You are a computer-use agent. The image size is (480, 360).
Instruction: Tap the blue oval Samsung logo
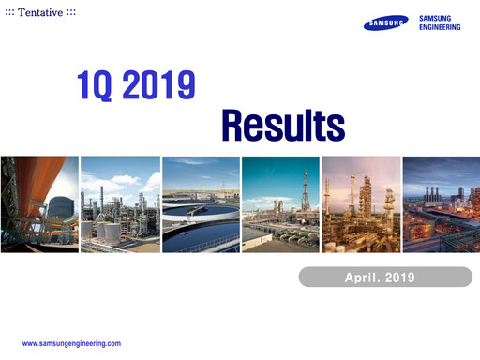point(386,23)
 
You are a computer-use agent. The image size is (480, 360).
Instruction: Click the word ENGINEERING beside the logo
point(439,28)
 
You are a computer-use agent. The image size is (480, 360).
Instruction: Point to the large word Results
point(283,123)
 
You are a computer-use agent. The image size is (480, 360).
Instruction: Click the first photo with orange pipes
point(39,204)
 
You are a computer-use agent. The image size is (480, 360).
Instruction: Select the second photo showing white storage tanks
point(119,204)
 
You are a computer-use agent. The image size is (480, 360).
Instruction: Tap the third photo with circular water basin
point(200,204)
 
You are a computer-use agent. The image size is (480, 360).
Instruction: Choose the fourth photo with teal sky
point(279,204)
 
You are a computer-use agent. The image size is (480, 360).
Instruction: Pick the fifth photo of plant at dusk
point(360,204)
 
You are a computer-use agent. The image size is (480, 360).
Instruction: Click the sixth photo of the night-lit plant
point(440,204)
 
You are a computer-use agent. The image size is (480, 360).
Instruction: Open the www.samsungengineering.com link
point(71,344)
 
